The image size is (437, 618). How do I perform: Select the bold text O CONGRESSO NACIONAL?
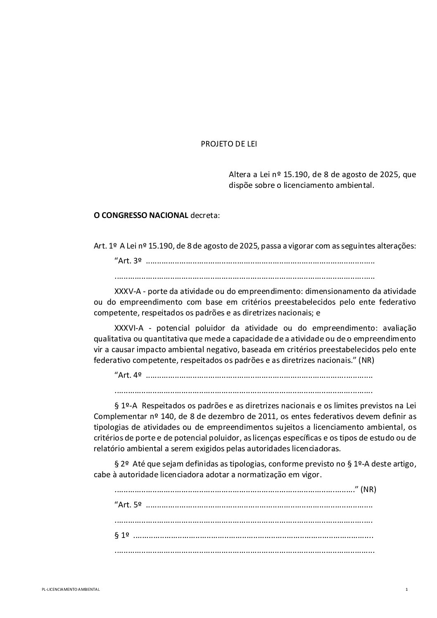[x=141, y=215]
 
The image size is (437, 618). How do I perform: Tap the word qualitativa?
[x=112, y=339]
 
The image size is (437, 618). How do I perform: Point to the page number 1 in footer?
[x=406, y=590]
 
